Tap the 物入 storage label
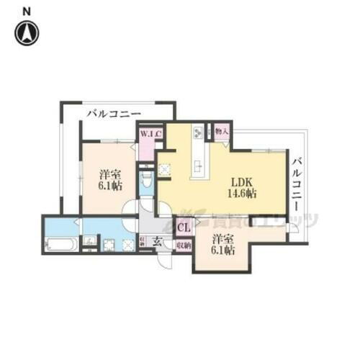222,132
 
